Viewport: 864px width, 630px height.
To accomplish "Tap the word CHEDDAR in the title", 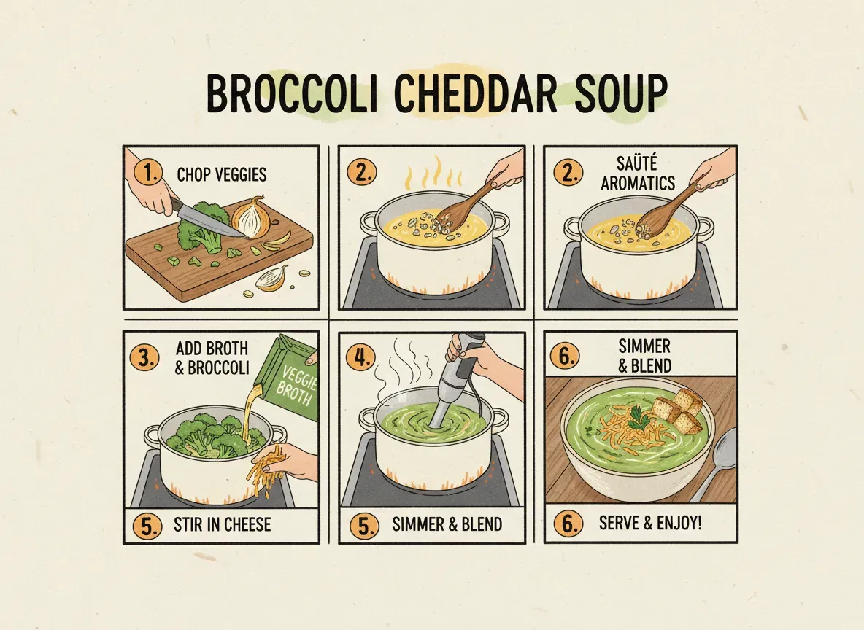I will coord(474,95).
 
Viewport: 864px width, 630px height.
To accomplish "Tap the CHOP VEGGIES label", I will coord(222,175).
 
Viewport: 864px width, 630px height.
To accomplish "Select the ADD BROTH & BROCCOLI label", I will coord(211,358).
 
